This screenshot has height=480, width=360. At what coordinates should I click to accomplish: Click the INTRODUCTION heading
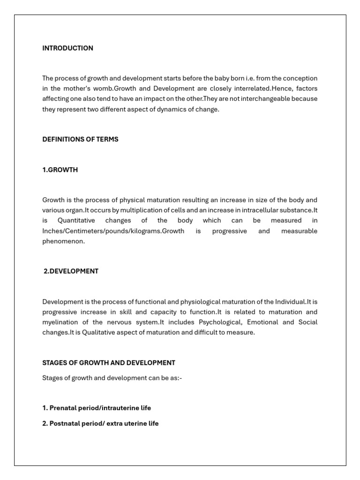pyautogui.click(x=67, y=48)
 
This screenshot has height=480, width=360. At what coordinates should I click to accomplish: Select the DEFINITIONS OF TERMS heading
pyautogui.click(x=80, y=139)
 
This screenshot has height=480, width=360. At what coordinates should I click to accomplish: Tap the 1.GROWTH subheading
pyautogui.click(x=60, y=170)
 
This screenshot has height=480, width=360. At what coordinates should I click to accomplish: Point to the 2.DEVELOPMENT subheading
pyautogui.click(x=71, y=271)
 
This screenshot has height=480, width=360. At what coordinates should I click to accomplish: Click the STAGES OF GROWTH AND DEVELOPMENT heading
pyautogui.click(x=109, y=363)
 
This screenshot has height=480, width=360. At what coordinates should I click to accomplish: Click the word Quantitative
pyautogui.click(x=76, y=221)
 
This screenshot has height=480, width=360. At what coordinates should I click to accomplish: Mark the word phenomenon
pyautogui.click(x=64, y=241)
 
